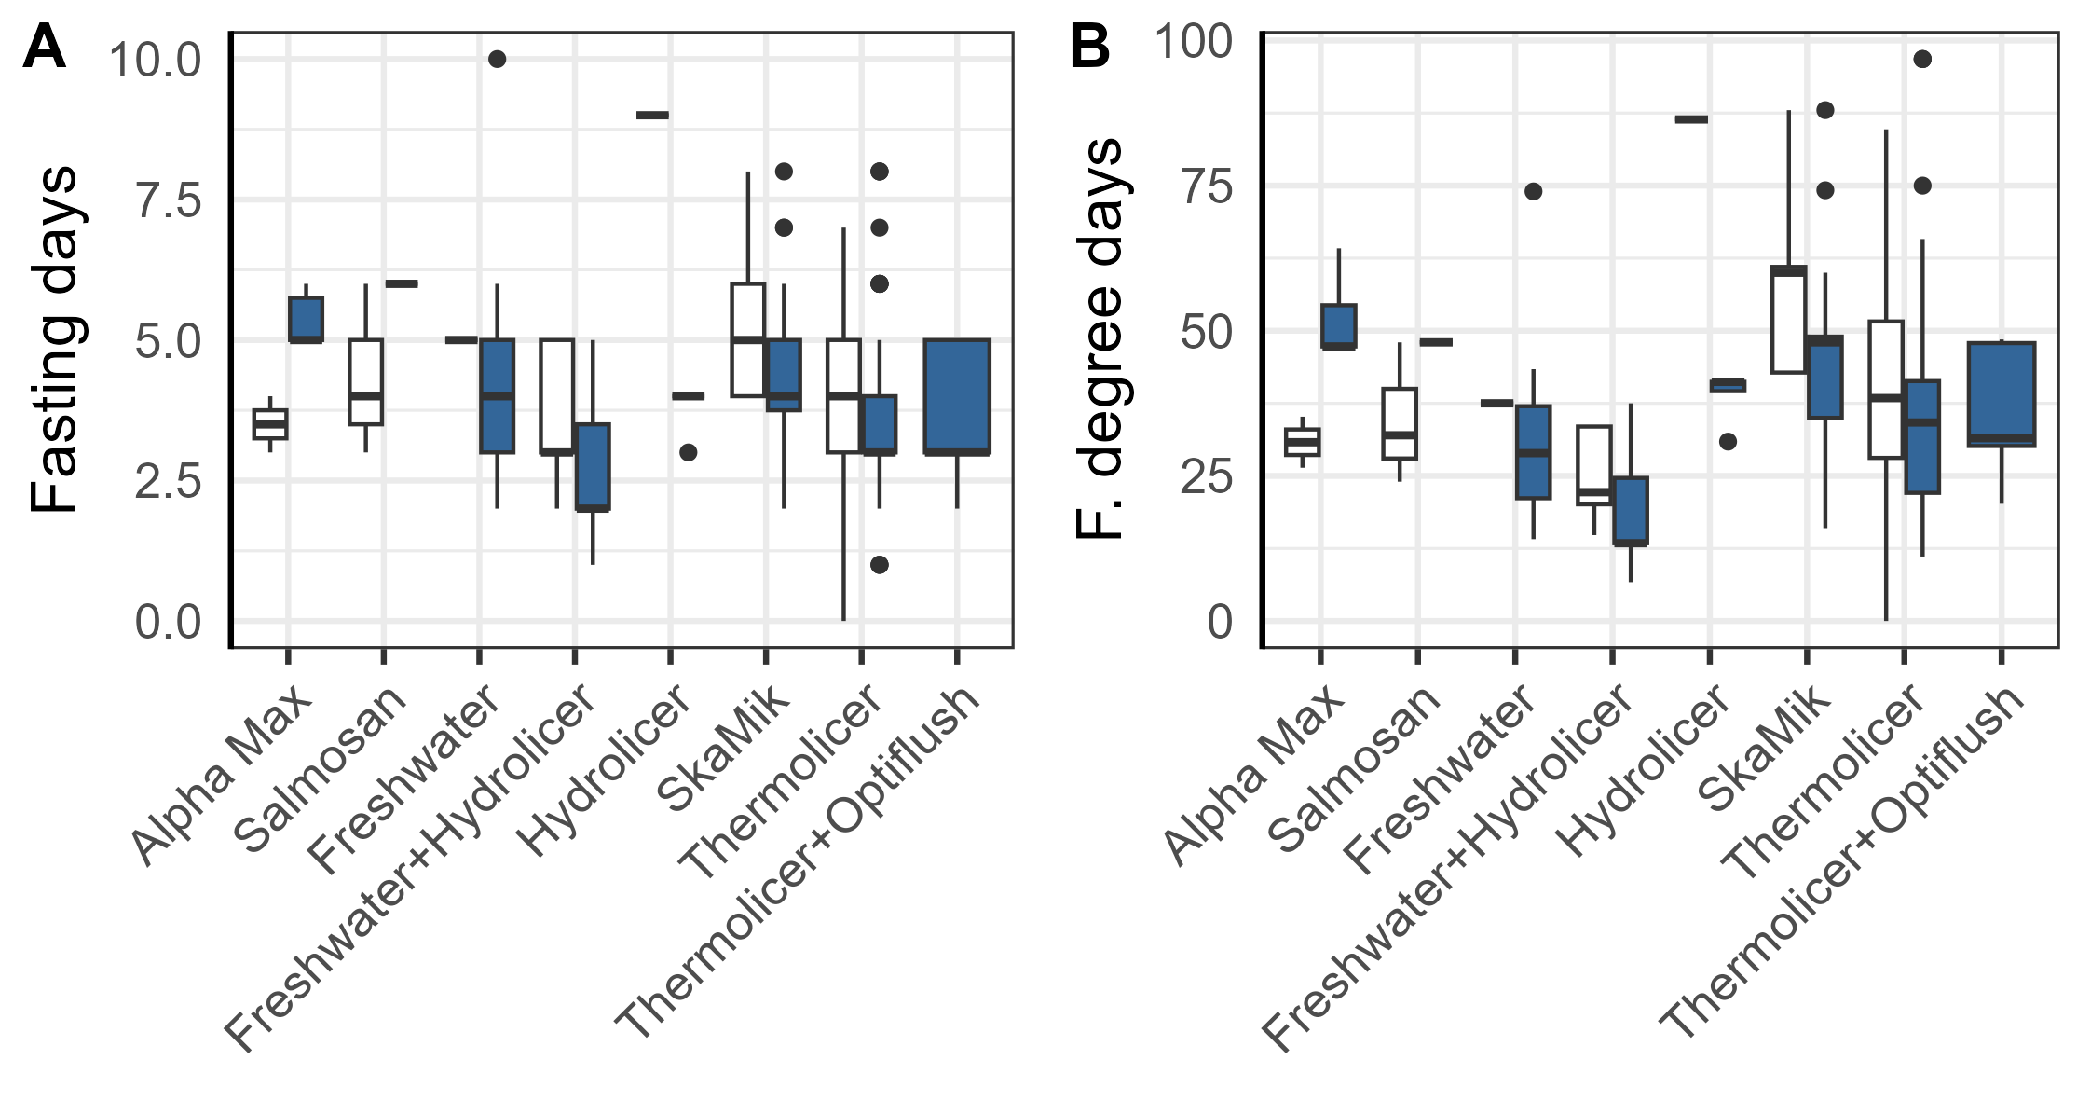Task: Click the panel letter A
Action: click(44, 48)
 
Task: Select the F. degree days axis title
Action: click(1100, 339)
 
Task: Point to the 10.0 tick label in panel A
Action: click(155, 61)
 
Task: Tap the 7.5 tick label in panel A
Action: click(168, 200)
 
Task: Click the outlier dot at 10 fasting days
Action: click(497, 59)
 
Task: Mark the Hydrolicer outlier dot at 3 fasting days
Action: click(688, 452)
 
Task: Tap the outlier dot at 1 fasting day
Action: click(879, 564)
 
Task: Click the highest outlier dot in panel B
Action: click(1921, 60)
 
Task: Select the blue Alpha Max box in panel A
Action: click(306, 320)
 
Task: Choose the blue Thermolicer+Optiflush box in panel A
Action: click(957, 396)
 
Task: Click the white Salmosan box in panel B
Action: click(1399, 423)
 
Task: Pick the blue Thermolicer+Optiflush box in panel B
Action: click(2001, 394)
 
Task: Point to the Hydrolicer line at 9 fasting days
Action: click(652, 116)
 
